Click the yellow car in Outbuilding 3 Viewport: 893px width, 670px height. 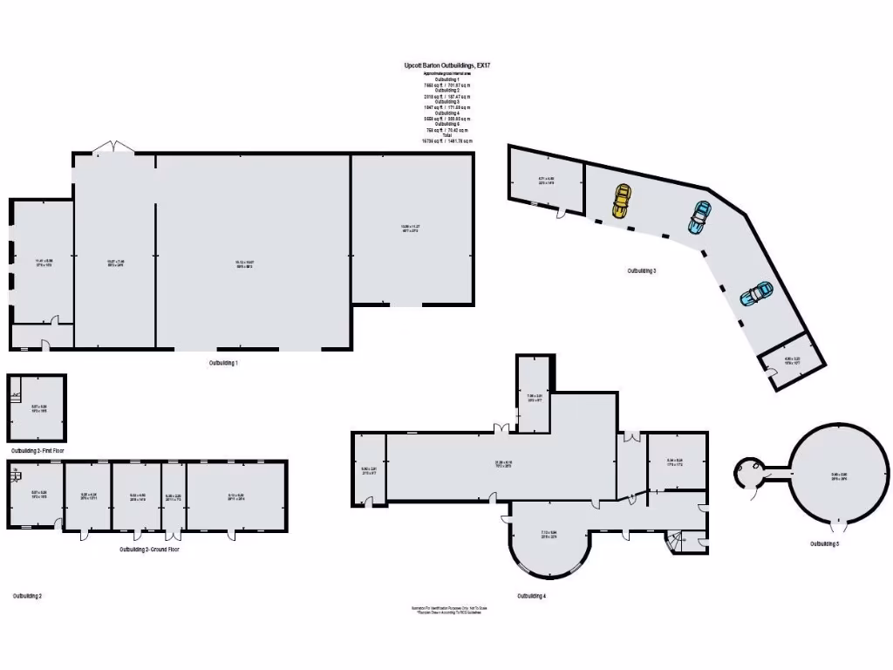coord(620,202)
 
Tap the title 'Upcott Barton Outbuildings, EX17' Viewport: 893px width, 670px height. coord(446,65)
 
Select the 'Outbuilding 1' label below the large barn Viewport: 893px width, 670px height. coord(223,362)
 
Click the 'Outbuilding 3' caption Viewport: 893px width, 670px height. coord(642,271)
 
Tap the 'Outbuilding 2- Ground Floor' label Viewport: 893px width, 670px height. coord(149,550)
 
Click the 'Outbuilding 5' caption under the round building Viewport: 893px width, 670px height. coord(824,544)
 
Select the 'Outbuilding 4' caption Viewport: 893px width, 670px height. coord(531,596)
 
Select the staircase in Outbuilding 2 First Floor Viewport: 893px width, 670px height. coord(16,395)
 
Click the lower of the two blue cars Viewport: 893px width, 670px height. coord(756,294)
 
